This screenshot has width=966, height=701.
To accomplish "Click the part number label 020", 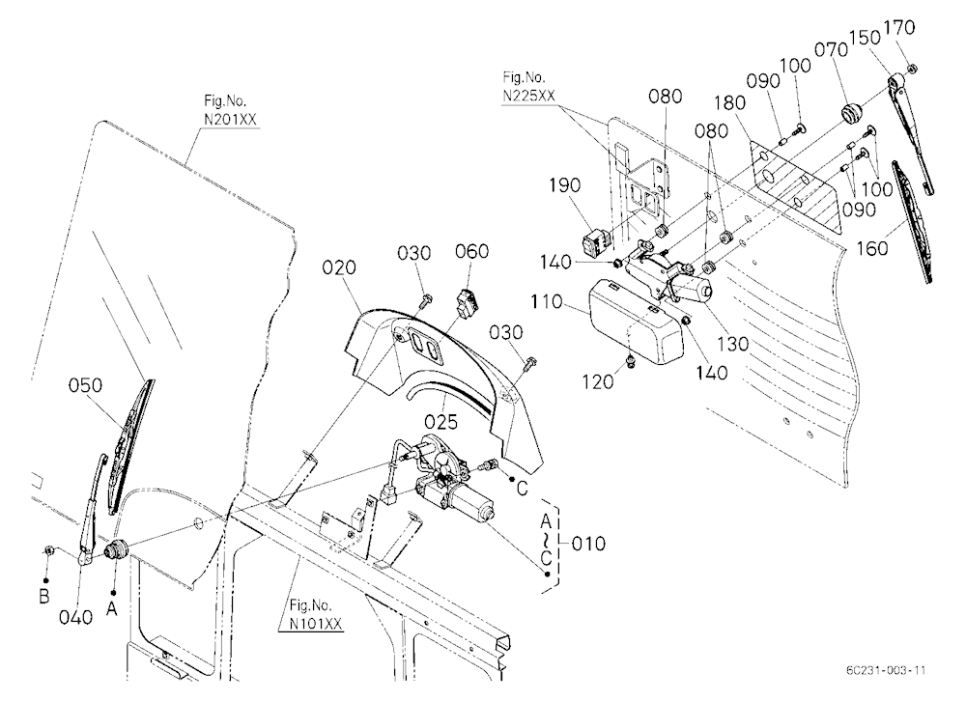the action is (x=339, y=268).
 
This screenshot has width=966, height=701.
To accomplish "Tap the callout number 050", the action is (x=85, y=385).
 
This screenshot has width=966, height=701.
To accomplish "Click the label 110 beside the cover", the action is (x=546, y=302).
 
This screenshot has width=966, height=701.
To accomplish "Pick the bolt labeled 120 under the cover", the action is (x=631, y=361).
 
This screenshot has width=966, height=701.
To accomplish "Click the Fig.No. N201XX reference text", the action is (x=229, y=110).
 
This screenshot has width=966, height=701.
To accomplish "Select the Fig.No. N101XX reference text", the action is (x=316, y=614).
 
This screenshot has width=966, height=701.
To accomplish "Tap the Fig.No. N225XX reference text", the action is (x=528, y=86).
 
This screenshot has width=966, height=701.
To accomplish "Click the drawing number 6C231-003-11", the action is (x=885, y=670).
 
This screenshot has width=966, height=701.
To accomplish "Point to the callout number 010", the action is (x=588, y=544).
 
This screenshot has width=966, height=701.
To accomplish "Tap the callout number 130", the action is (x=733, y=344).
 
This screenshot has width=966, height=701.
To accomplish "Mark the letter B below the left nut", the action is (x=43, y=598).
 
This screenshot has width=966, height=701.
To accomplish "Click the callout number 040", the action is (x=75, y=617).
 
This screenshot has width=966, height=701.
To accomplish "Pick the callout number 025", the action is (x=441, y=422).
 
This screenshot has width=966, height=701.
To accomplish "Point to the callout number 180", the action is (x=730, y=103).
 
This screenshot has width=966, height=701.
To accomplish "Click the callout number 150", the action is (x=865, y=39).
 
